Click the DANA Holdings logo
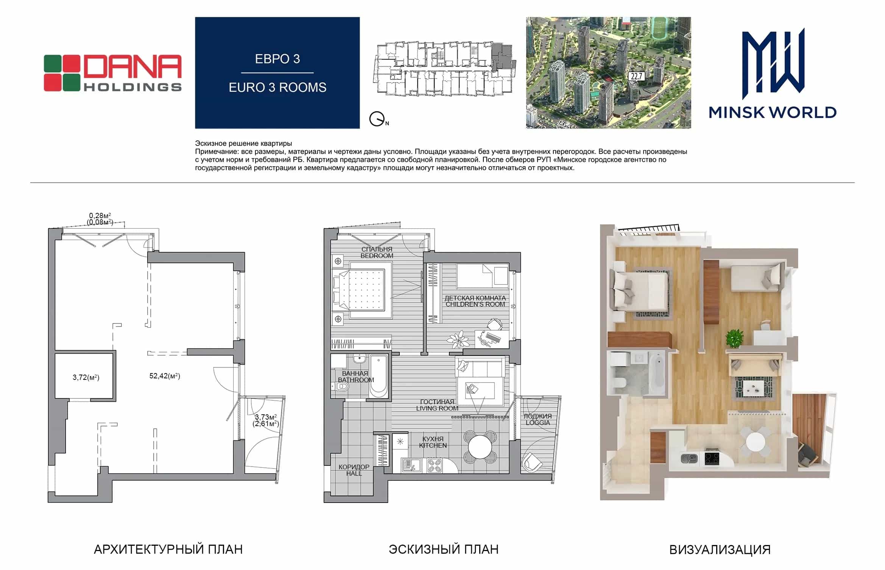point(113,73)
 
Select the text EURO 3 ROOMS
point(277,87)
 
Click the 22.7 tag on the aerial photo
point(636,77)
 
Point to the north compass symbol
point(377,119)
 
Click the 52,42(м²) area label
point(165,376)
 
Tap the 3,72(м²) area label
point(86,377)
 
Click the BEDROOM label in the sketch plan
point(377,256)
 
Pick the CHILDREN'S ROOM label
point(475,304)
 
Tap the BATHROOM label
point(356,380)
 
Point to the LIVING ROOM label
point(437,408)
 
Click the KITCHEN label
point(433,445)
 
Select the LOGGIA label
point(538,423)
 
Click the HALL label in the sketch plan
point(354,473)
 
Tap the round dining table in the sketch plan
point(480,447)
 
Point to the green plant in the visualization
point(734,337)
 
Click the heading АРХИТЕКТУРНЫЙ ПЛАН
point(168,550)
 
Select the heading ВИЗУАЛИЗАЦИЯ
point(720,550)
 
